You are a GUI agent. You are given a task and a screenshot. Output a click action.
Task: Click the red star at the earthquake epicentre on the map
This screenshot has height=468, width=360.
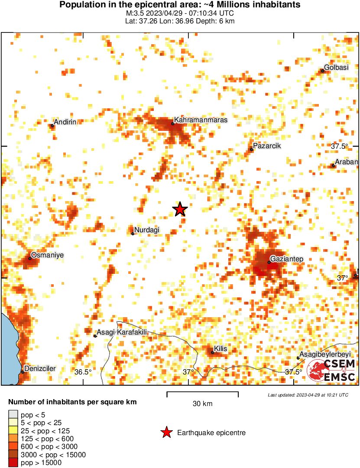180,209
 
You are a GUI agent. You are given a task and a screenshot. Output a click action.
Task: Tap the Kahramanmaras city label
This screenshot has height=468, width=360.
201,120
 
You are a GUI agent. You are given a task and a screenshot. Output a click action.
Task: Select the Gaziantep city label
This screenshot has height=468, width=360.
287,259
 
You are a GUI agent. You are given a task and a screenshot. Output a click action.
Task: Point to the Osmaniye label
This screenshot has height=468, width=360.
48,255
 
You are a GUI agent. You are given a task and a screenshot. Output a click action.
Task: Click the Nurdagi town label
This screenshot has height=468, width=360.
148,230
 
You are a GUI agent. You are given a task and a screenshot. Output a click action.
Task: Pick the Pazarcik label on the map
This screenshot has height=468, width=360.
267,146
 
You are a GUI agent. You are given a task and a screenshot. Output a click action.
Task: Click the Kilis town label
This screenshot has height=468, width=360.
221,349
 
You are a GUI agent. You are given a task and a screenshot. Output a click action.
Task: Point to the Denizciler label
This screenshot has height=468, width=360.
40,368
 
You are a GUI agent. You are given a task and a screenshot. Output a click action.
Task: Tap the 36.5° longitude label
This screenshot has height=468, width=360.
83,372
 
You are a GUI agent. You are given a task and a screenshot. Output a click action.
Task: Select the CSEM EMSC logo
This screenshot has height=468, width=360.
331,370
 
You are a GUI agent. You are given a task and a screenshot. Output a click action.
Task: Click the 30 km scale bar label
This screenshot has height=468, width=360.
202,404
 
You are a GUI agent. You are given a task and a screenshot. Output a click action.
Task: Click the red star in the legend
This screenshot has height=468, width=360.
166,432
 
